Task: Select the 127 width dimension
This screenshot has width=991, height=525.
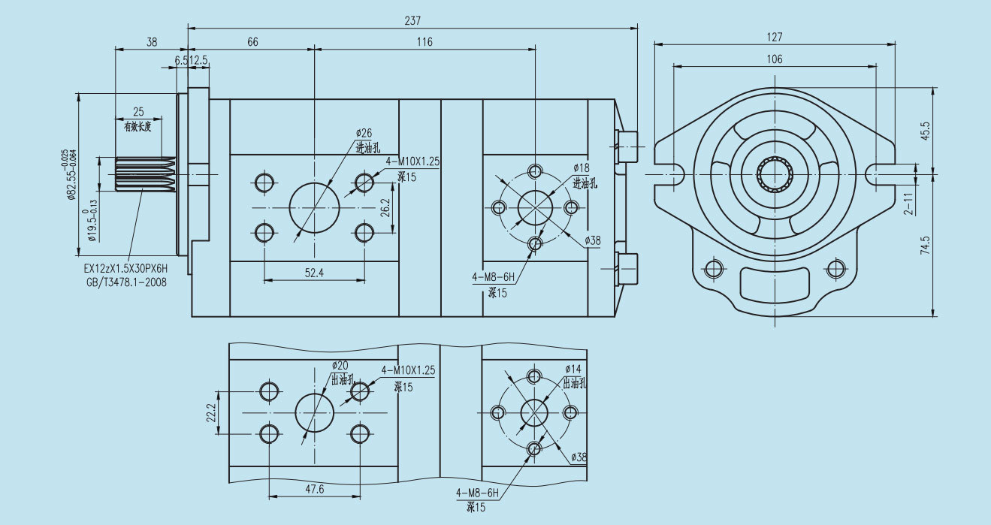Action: tap(775, 36)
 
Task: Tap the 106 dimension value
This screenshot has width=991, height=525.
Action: tap(775, 59)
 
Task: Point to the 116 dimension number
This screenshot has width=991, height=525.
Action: tap(424, 42)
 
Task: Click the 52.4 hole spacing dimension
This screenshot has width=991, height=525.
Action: tap(314, 273)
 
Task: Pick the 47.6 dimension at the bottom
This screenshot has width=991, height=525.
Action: tap(314, 489)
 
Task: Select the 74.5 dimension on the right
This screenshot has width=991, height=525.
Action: tap(925, 246)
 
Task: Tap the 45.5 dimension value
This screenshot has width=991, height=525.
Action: tap(925, 130)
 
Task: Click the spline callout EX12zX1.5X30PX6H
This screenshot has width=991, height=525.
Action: tap(125, 268)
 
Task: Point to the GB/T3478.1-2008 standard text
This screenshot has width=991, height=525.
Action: tap(125, 282)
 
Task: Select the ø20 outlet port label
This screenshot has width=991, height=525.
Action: tap(340, 366)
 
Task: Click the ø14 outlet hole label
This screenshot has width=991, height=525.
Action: tap(574, 369)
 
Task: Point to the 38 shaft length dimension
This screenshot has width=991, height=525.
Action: tap(152, 42)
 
